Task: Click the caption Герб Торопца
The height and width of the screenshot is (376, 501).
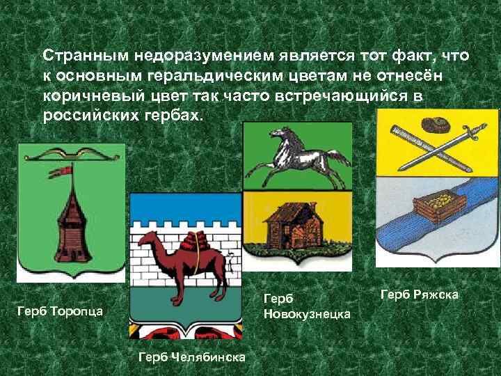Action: pyautogui.click(x=60, y=311)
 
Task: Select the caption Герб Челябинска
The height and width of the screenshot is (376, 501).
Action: pyautogui.click(x=192, y=357)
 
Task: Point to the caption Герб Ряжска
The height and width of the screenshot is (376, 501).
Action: pyautogui.click(x=419, y=295)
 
